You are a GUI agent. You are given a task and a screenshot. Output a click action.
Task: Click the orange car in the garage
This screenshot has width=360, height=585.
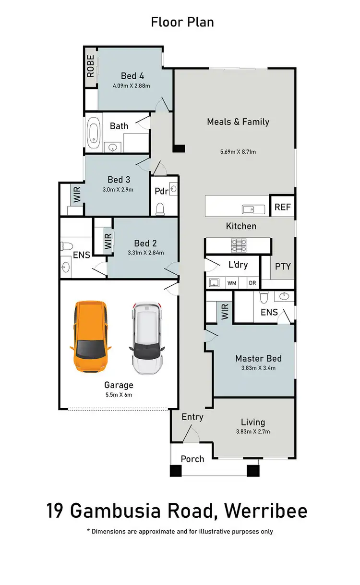click(91, 337)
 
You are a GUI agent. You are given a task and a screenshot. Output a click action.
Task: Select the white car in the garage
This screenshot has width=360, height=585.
click(147, 338)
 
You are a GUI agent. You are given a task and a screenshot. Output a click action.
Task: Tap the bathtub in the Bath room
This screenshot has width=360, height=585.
click(94, 132)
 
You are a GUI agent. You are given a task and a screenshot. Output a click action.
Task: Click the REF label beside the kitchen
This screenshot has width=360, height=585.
click(282, 207)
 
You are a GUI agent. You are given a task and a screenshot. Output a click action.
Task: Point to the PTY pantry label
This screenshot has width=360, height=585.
click(283, 266)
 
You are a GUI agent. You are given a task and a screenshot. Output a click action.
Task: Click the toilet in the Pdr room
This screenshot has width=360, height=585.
click(161, 208)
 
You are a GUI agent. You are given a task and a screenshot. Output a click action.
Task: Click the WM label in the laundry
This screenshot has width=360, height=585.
click(232, 283)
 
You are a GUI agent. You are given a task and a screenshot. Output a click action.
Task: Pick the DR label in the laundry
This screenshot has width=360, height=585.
click(252, 283)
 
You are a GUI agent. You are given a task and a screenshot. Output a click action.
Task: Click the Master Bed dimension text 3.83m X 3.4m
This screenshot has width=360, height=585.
click(258, 368)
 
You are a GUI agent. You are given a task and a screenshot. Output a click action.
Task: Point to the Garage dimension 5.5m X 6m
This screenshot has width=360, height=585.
click(119, 395)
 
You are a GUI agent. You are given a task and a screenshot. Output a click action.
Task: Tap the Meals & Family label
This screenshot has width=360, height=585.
click(238, 122)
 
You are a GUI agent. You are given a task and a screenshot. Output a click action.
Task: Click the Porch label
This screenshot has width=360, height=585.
click(192, 459)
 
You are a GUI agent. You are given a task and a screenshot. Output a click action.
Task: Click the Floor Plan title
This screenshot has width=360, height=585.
click(182, 22)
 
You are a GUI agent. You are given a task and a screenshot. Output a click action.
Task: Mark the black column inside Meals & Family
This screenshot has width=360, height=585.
click(179, 149)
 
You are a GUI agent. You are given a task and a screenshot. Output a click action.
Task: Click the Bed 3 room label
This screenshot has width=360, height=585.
click(119, 180)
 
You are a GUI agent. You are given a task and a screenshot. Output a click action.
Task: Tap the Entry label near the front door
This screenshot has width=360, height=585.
click(192, 417)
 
